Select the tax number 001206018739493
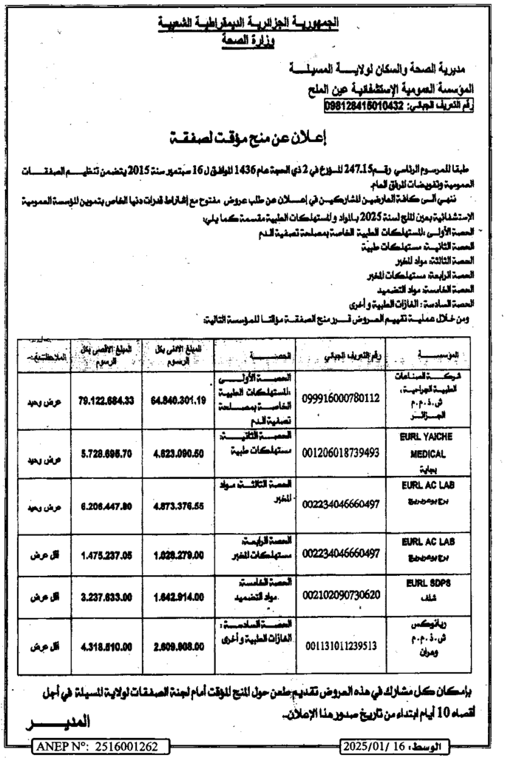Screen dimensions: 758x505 coord(341,451)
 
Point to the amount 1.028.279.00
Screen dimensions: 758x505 coord(181,553)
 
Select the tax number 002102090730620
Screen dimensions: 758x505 coord(341,595)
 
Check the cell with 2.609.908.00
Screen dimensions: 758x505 coord(181,646)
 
